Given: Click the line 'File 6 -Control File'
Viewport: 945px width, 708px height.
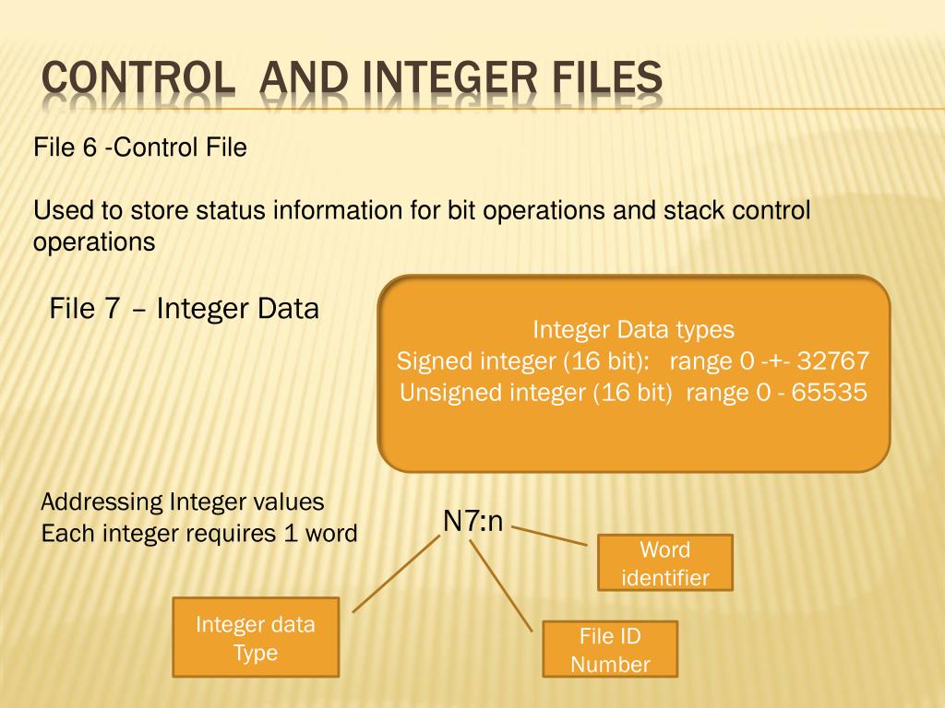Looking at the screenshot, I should click(140, 147).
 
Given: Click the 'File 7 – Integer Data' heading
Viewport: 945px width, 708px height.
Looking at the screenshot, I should click(184, 309).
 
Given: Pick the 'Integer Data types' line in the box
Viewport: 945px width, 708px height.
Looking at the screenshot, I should click(633, 329).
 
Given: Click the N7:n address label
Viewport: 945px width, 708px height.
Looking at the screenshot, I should click(472, 522).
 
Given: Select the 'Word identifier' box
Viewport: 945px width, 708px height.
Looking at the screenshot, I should click(665, 562).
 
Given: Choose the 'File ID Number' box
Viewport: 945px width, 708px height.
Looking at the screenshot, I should click(610, 649).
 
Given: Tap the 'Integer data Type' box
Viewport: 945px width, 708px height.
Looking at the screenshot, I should click(256, 637).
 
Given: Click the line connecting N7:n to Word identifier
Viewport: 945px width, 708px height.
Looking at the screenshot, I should click(550, 536).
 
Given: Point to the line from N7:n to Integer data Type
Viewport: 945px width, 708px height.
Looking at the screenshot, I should click(397, 573).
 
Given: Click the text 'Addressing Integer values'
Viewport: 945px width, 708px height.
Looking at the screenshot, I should click(183, 502).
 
